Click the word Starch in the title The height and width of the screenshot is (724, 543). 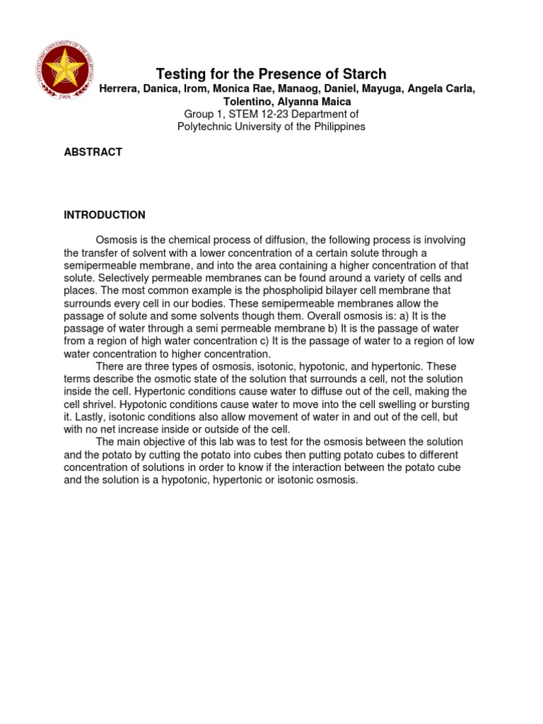(363, 74)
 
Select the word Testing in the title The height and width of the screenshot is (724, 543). (180, 74)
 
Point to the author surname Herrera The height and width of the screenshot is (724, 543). (120, 88)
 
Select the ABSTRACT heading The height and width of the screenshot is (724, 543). (93, 152)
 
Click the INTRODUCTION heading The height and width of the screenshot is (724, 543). (105, 215)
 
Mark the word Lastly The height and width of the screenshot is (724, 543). (88, 417)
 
